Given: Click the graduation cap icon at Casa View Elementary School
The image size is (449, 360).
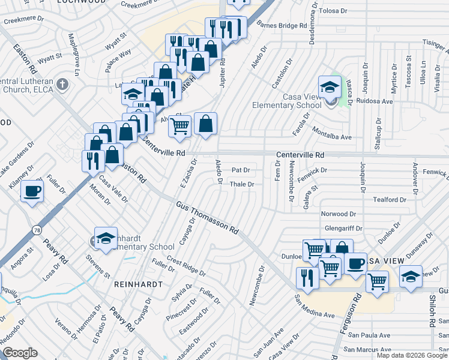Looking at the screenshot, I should tap(329, 86).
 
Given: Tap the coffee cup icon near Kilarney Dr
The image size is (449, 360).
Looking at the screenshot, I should tap(31, 191).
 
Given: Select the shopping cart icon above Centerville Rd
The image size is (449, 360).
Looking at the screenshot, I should tap(179, 125).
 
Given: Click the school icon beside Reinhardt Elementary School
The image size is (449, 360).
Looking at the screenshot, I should tap(106, 237).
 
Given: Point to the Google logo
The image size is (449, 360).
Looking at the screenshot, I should tap(20, 353).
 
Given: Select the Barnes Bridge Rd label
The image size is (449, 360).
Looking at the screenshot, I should tap(282, 26).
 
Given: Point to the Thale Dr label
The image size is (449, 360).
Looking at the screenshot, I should tap(243, 184).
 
